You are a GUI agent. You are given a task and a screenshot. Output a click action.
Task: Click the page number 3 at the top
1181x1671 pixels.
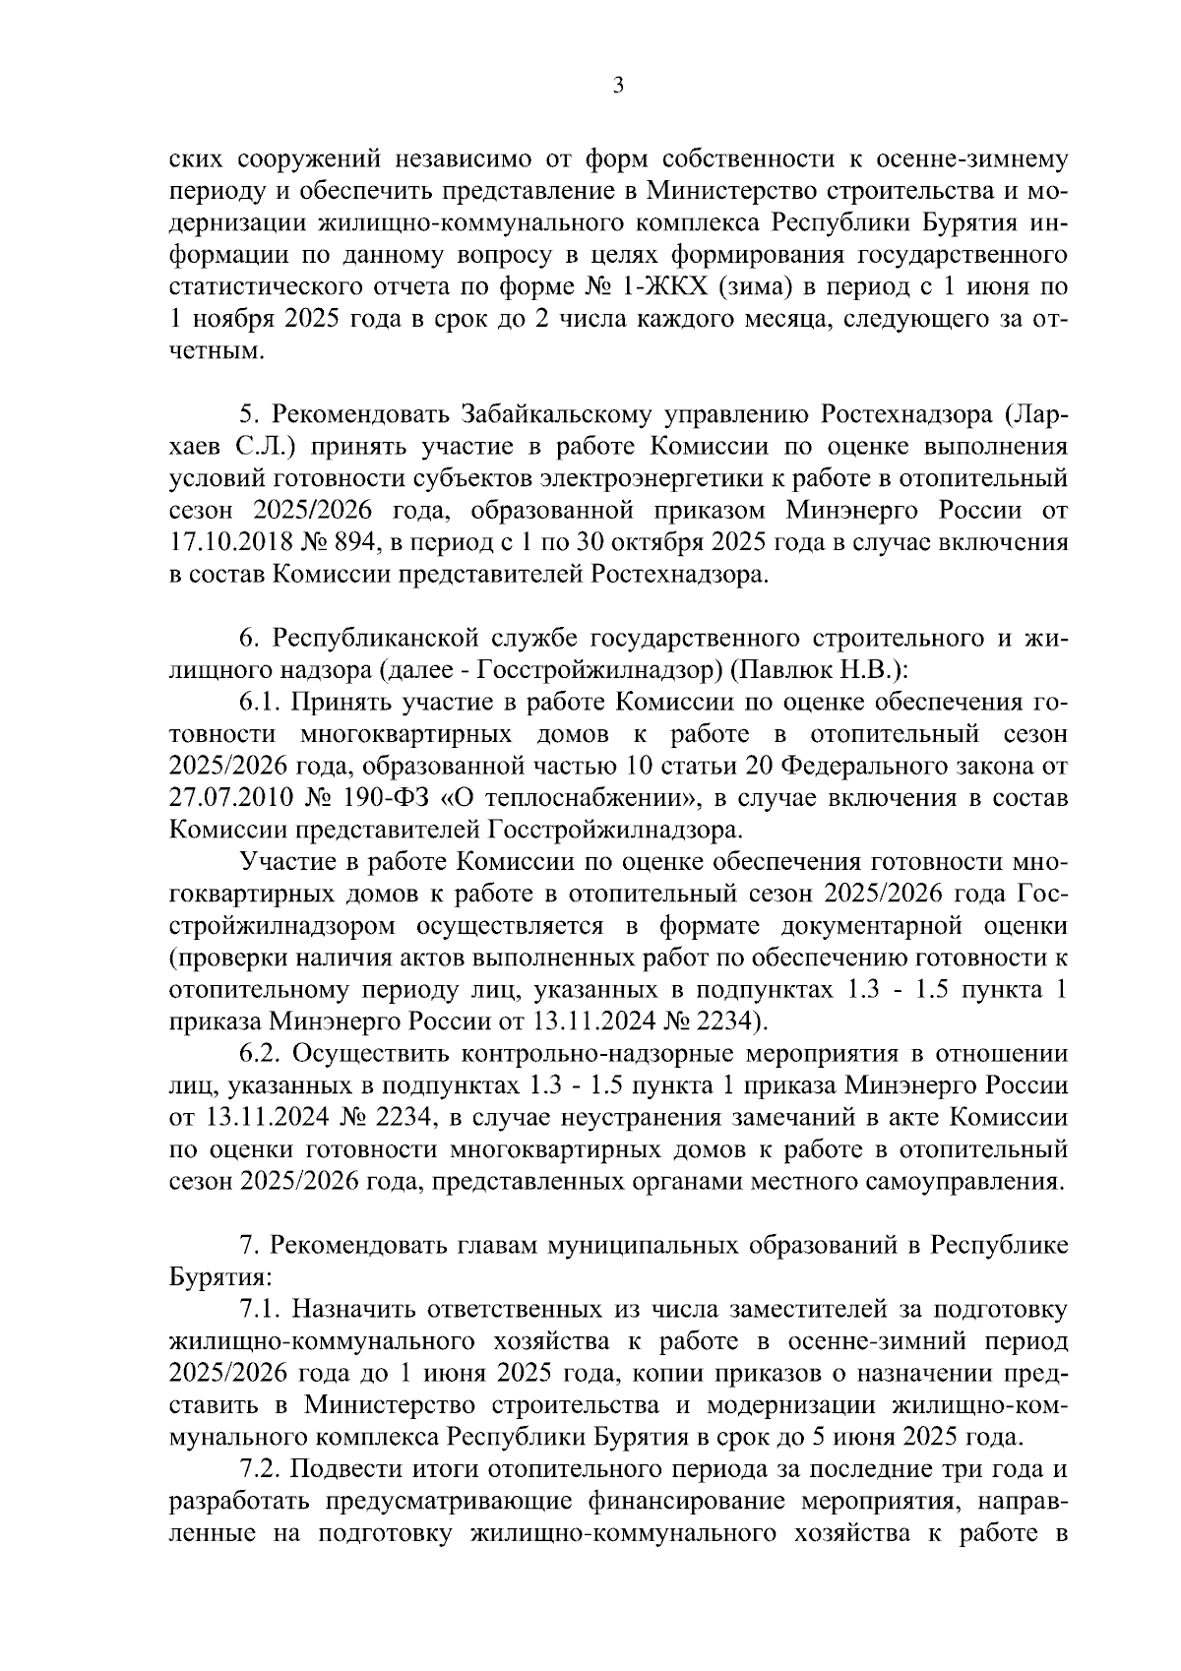pyautogui.click(x=618, y=86)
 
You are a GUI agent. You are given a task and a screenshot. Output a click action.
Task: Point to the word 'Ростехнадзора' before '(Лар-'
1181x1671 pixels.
pyautogui.click(x=913, y=417)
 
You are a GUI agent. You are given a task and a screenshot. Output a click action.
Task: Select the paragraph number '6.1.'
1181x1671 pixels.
pyautogui.click(x=262, y=702)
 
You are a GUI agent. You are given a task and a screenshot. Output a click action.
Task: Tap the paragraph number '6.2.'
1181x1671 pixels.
pyautogui.click(x=262, y=1051)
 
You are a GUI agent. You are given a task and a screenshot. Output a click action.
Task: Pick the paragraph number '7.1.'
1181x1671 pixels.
pyautogui.click(x=262, y=1309)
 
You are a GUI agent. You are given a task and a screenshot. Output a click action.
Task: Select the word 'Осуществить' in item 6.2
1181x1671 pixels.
pyautogui.click(x=370, y=1051)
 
